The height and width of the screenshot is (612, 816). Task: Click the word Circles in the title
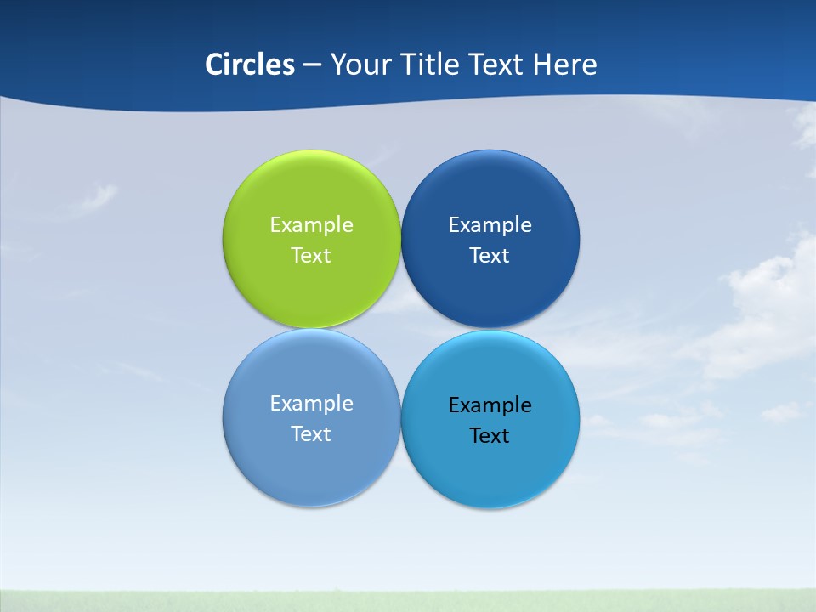pos(250,65)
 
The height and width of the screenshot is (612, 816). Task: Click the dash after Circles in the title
pos(312,65)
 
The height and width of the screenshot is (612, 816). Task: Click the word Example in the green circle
pos(311,224)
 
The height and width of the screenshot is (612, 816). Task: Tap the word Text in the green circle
pos(311,255)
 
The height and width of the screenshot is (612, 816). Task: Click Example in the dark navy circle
pos(490,224)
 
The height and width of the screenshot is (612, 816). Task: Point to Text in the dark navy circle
pos(490,255)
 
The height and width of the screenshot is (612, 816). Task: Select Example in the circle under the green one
pos(311,403)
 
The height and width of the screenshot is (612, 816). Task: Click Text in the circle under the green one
pos(311,433)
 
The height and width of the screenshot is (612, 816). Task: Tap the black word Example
pos(490,405)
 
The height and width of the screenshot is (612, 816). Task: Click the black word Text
pos(490,435)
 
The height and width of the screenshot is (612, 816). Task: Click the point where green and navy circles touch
pos(401,239)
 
